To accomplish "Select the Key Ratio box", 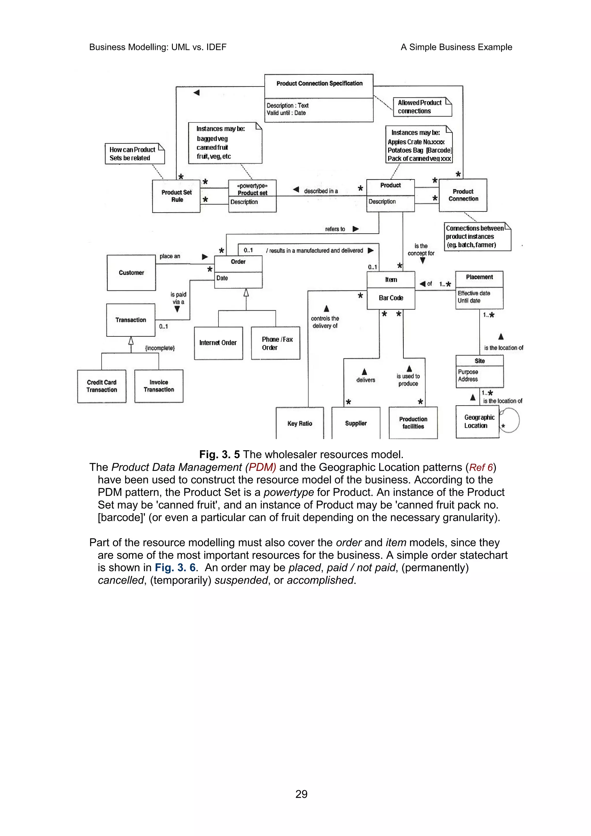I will [300, 423].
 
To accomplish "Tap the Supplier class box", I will [356, 423].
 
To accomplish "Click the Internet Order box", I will [218, 343].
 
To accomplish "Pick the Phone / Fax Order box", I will [276, 343].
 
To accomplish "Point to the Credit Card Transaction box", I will [102, 386].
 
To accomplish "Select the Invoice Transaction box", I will [159, 386].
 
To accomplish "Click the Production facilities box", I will [413, 423].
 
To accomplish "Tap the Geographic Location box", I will [477, 422].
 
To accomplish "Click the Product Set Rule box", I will [176, 196].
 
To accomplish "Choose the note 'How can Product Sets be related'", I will [134, 154].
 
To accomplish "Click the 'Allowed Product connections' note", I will [422, 107].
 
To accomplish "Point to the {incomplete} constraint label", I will [160, 348].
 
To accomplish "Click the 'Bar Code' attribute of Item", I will [391, 298].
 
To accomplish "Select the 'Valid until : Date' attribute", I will [286, 113].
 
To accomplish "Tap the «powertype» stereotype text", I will [252, 186].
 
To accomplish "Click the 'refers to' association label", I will [335, 229].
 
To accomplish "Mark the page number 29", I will [301, 794].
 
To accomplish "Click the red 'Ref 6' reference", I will [481, 468].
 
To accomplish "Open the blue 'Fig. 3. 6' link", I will [175, 568].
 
